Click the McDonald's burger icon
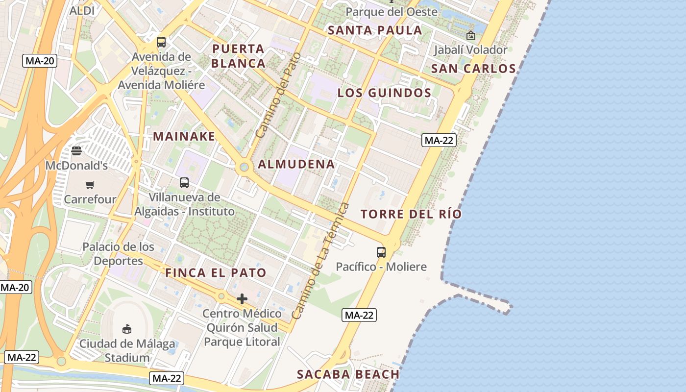[76, 150]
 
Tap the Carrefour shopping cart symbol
[90, 185]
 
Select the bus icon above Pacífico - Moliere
[381, 252]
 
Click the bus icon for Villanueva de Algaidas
[184, 183]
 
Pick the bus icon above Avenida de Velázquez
[161, 42]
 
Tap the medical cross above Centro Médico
[242, 299]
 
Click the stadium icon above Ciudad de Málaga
[127, 328]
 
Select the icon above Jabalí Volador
[471, 35]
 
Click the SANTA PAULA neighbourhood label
[375, 30]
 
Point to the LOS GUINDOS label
[385, 93]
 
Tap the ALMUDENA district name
[296, 165]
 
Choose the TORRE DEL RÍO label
[411, 214]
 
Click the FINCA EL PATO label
[216, 273]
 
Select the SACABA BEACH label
[348, 375]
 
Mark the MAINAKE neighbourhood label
[184, 136]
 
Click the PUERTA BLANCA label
[239, 56]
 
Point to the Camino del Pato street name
[277, 95]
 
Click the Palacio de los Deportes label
[118, 254]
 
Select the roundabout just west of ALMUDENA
[244, 168]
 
